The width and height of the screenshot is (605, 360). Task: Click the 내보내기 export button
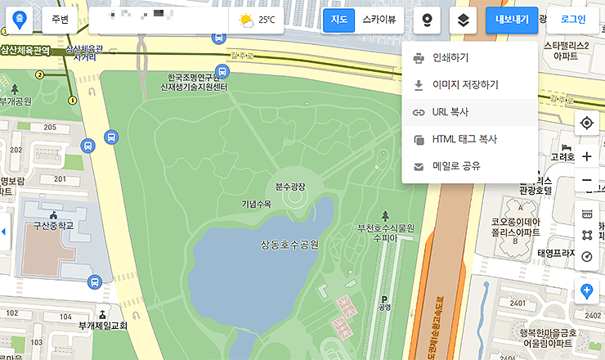[512, 20]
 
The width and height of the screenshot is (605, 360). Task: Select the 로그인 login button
[573, 20]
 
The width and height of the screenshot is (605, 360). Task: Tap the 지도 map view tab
[338, 20]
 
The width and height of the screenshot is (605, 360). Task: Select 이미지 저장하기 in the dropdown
[464, 84]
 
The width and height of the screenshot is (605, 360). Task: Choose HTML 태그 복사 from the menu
[464, 139]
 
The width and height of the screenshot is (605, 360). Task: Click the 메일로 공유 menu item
[455, 166]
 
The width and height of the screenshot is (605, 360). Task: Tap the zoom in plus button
[586, 156]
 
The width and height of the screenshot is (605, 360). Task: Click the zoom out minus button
[586, 181]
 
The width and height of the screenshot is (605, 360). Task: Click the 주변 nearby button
[60, 20]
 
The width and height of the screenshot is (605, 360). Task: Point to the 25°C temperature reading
[267, 20]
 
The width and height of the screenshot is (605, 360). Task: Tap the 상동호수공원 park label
[289, 244]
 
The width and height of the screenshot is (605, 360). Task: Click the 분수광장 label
[290, 187]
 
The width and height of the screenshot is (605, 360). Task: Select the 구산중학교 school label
[47, 225]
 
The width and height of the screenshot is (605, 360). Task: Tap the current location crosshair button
[586, 124]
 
